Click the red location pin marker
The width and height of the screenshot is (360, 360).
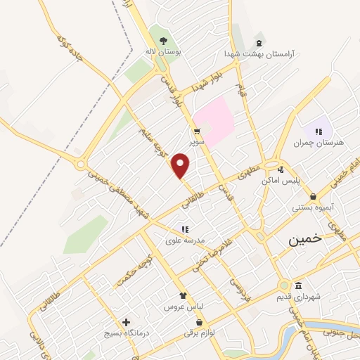coord(181,165)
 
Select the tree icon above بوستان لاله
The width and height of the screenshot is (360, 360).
coord(164,41)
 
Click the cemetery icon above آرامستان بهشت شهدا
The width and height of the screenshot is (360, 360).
coord(260,41)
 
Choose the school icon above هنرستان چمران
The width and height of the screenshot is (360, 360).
coord(319,131)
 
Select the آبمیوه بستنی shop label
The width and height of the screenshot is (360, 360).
coord(313,208)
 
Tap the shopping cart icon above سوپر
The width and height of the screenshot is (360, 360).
coord(198,131)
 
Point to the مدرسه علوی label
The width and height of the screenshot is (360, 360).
coord(185,240)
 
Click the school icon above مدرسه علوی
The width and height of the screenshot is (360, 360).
coord(185,229)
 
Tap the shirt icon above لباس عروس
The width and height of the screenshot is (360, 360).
coord(183,296)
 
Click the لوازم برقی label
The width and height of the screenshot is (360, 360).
coord(199,333)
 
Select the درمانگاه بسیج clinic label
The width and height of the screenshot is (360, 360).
coord(127,333)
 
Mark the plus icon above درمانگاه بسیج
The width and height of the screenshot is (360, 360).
coord(127,321)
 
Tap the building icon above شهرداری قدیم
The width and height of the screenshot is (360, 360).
coord(299,285)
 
